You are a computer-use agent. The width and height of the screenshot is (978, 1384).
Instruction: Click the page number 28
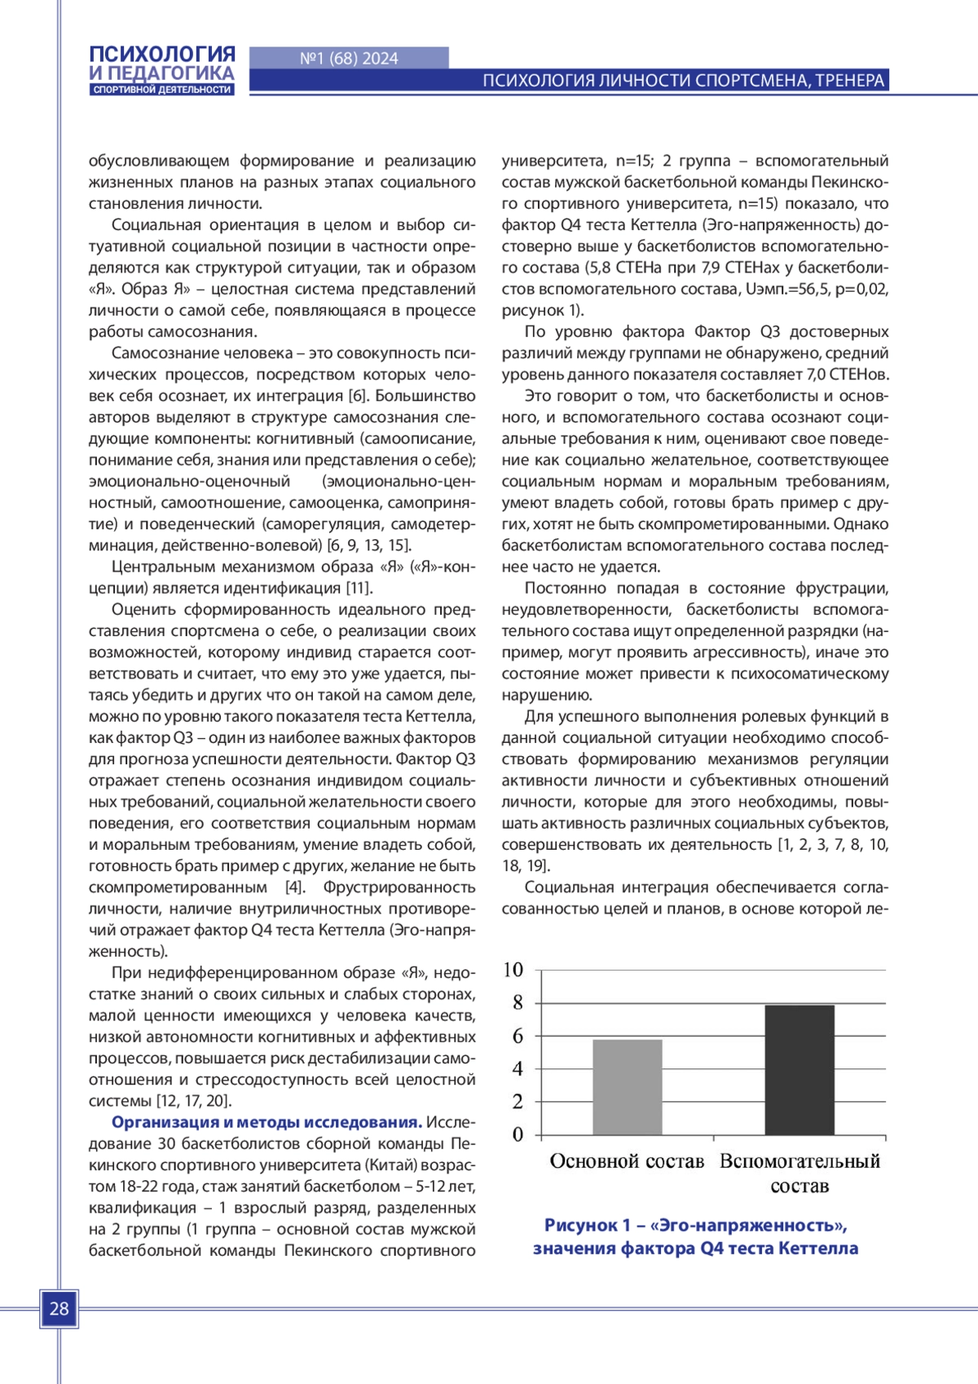pos(59,1309)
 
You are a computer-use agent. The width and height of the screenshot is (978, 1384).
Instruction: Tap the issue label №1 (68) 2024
pos(349,59)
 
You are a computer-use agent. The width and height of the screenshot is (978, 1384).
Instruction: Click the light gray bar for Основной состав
pos(628,1087)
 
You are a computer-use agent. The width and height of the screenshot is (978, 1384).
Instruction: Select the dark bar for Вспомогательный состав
pos(800,1070)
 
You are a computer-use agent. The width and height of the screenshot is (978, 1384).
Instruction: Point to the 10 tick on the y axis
pos(513,970)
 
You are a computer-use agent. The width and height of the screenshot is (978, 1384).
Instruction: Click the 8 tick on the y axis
pos(518,1003)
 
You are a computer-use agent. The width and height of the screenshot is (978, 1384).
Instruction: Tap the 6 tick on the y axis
pos(518,1036)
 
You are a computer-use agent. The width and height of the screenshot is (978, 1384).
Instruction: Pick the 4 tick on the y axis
pos(518,1068)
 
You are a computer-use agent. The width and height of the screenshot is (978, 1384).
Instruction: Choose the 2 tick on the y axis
pos(518,1102)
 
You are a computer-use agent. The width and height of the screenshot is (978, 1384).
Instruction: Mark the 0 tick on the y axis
pos(518,1134)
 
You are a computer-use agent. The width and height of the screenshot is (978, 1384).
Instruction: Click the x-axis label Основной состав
pos(627,1161)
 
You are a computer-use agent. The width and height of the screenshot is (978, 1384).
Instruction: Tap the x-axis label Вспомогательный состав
pos(800,1173)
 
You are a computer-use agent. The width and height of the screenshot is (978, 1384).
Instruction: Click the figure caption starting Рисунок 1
pos(695,1236)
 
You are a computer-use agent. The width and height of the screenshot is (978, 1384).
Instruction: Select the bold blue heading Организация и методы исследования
pos(267,1122)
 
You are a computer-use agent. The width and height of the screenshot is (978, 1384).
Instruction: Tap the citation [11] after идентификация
pos(359,588)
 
